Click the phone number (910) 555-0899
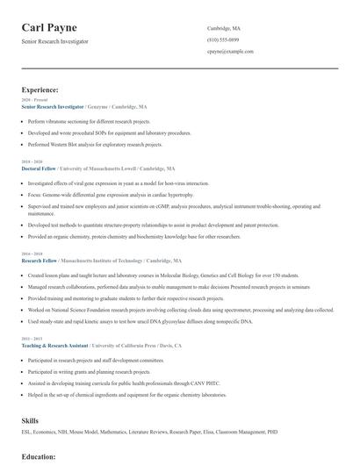(x=222, y=39)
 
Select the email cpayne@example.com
(x=230, y=51)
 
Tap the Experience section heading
(x=40, y=89)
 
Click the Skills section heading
(x=30, y=420)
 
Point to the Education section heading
(x=39, y=456)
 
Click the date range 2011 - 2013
(x=31, y=338)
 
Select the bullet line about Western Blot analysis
(x=95, y=144)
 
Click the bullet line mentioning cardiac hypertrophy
(x=110, y=194)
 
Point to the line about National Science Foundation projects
(x=180, y=310)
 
